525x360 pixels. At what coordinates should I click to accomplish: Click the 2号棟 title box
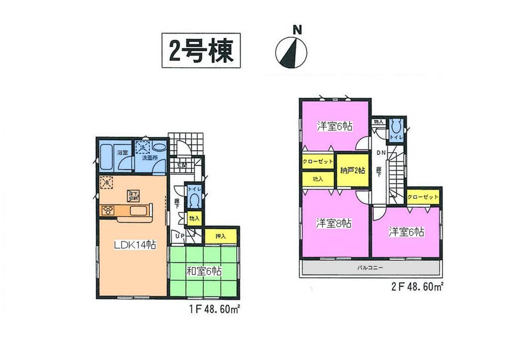pos(200,51)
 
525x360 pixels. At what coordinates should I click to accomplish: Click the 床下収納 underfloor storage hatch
pos(132,196)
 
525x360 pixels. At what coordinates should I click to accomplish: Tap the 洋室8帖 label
pos(333,223)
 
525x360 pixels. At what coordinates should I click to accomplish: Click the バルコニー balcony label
pos(371,267)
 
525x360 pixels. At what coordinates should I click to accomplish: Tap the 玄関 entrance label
pos(181,165)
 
